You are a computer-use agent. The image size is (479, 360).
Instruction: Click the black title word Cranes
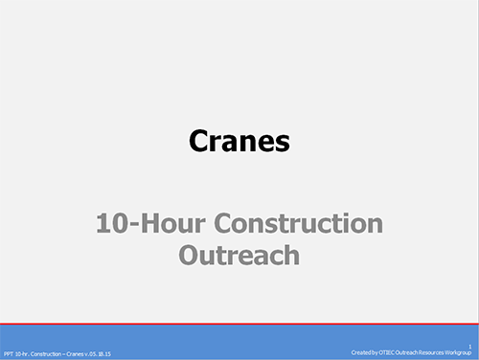[x=239, y=142]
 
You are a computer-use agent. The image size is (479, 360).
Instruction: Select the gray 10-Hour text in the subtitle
[x=148, y=225]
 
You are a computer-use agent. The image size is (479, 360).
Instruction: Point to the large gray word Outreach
[x=239, y=256]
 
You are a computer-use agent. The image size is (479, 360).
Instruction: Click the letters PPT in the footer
[x=9, y=354]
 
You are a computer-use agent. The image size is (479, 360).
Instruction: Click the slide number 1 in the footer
[x=470, y=348]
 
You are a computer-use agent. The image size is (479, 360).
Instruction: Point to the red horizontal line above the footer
[x=239, y=324]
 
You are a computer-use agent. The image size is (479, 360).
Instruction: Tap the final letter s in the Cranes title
[x=282, y=143]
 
